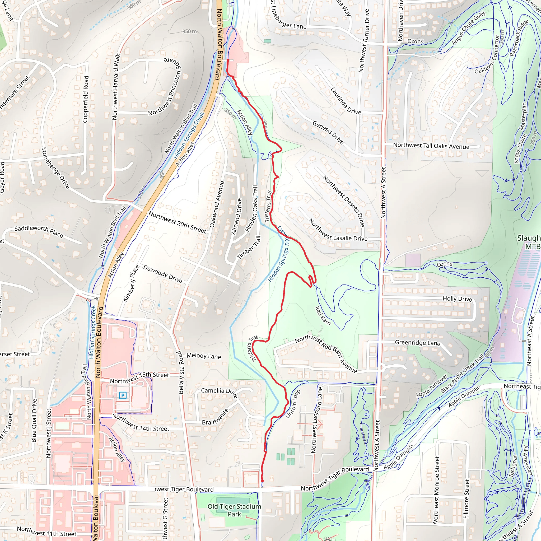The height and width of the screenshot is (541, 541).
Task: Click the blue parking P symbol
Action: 123,395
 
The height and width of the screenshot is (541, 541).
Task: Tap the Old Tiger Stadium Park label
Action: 234,510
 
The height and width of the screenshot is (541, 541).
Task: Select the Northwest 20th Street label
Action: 177,222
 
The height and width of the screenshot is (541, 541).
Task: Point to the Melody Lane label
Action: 204,356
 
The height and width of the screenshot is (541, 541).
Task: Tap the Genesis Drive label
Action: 328,132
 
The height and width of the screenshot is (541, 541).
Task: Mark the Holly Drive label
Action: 457,299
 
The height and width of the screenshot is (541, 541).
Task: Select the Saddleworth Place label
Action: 39,231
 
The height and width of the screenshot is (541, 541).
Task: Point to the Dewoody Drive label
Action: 163,274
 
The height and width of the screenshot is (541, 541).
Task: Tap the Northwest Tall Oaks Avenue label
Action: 431,146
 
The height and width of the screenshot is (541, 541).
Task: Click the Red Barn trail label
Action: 323,316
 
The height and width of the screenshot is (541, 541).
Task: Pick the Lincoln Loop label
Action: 293,404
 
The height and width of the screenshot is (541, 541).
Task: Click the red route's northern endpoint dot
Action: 228,60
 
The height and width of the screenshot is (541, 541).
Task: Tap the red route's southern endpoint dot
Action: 262,481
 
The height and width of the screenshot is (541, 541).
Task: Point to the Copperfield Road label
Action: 86,99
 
